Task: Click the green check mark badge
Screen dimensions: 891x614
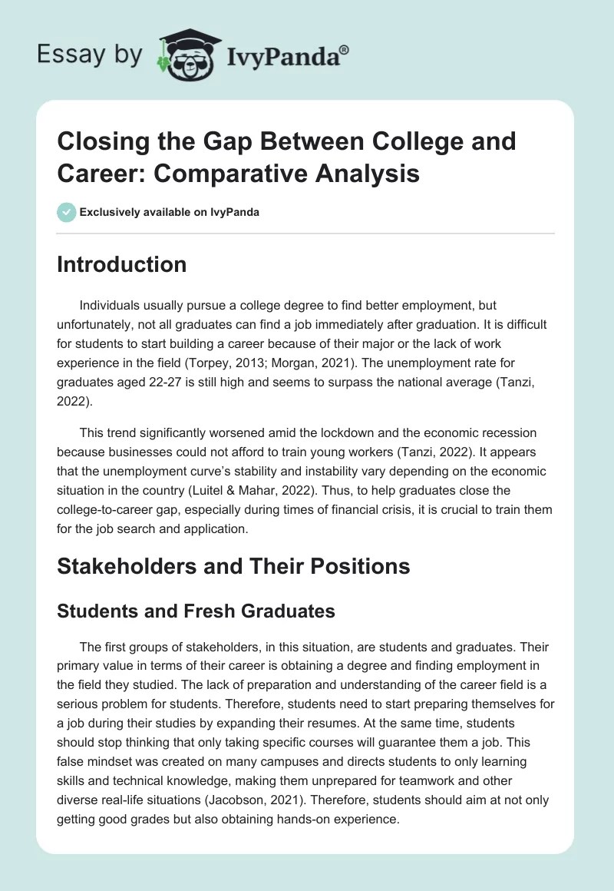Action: point(67,212)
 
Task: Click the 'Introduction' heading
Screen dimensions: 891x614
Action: point(122,264)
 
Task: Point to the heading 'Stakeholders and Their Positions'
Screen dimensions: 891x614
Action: point(234,566)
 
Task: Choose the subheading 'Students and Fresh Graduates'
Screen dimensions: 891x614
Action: point(196,611)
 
